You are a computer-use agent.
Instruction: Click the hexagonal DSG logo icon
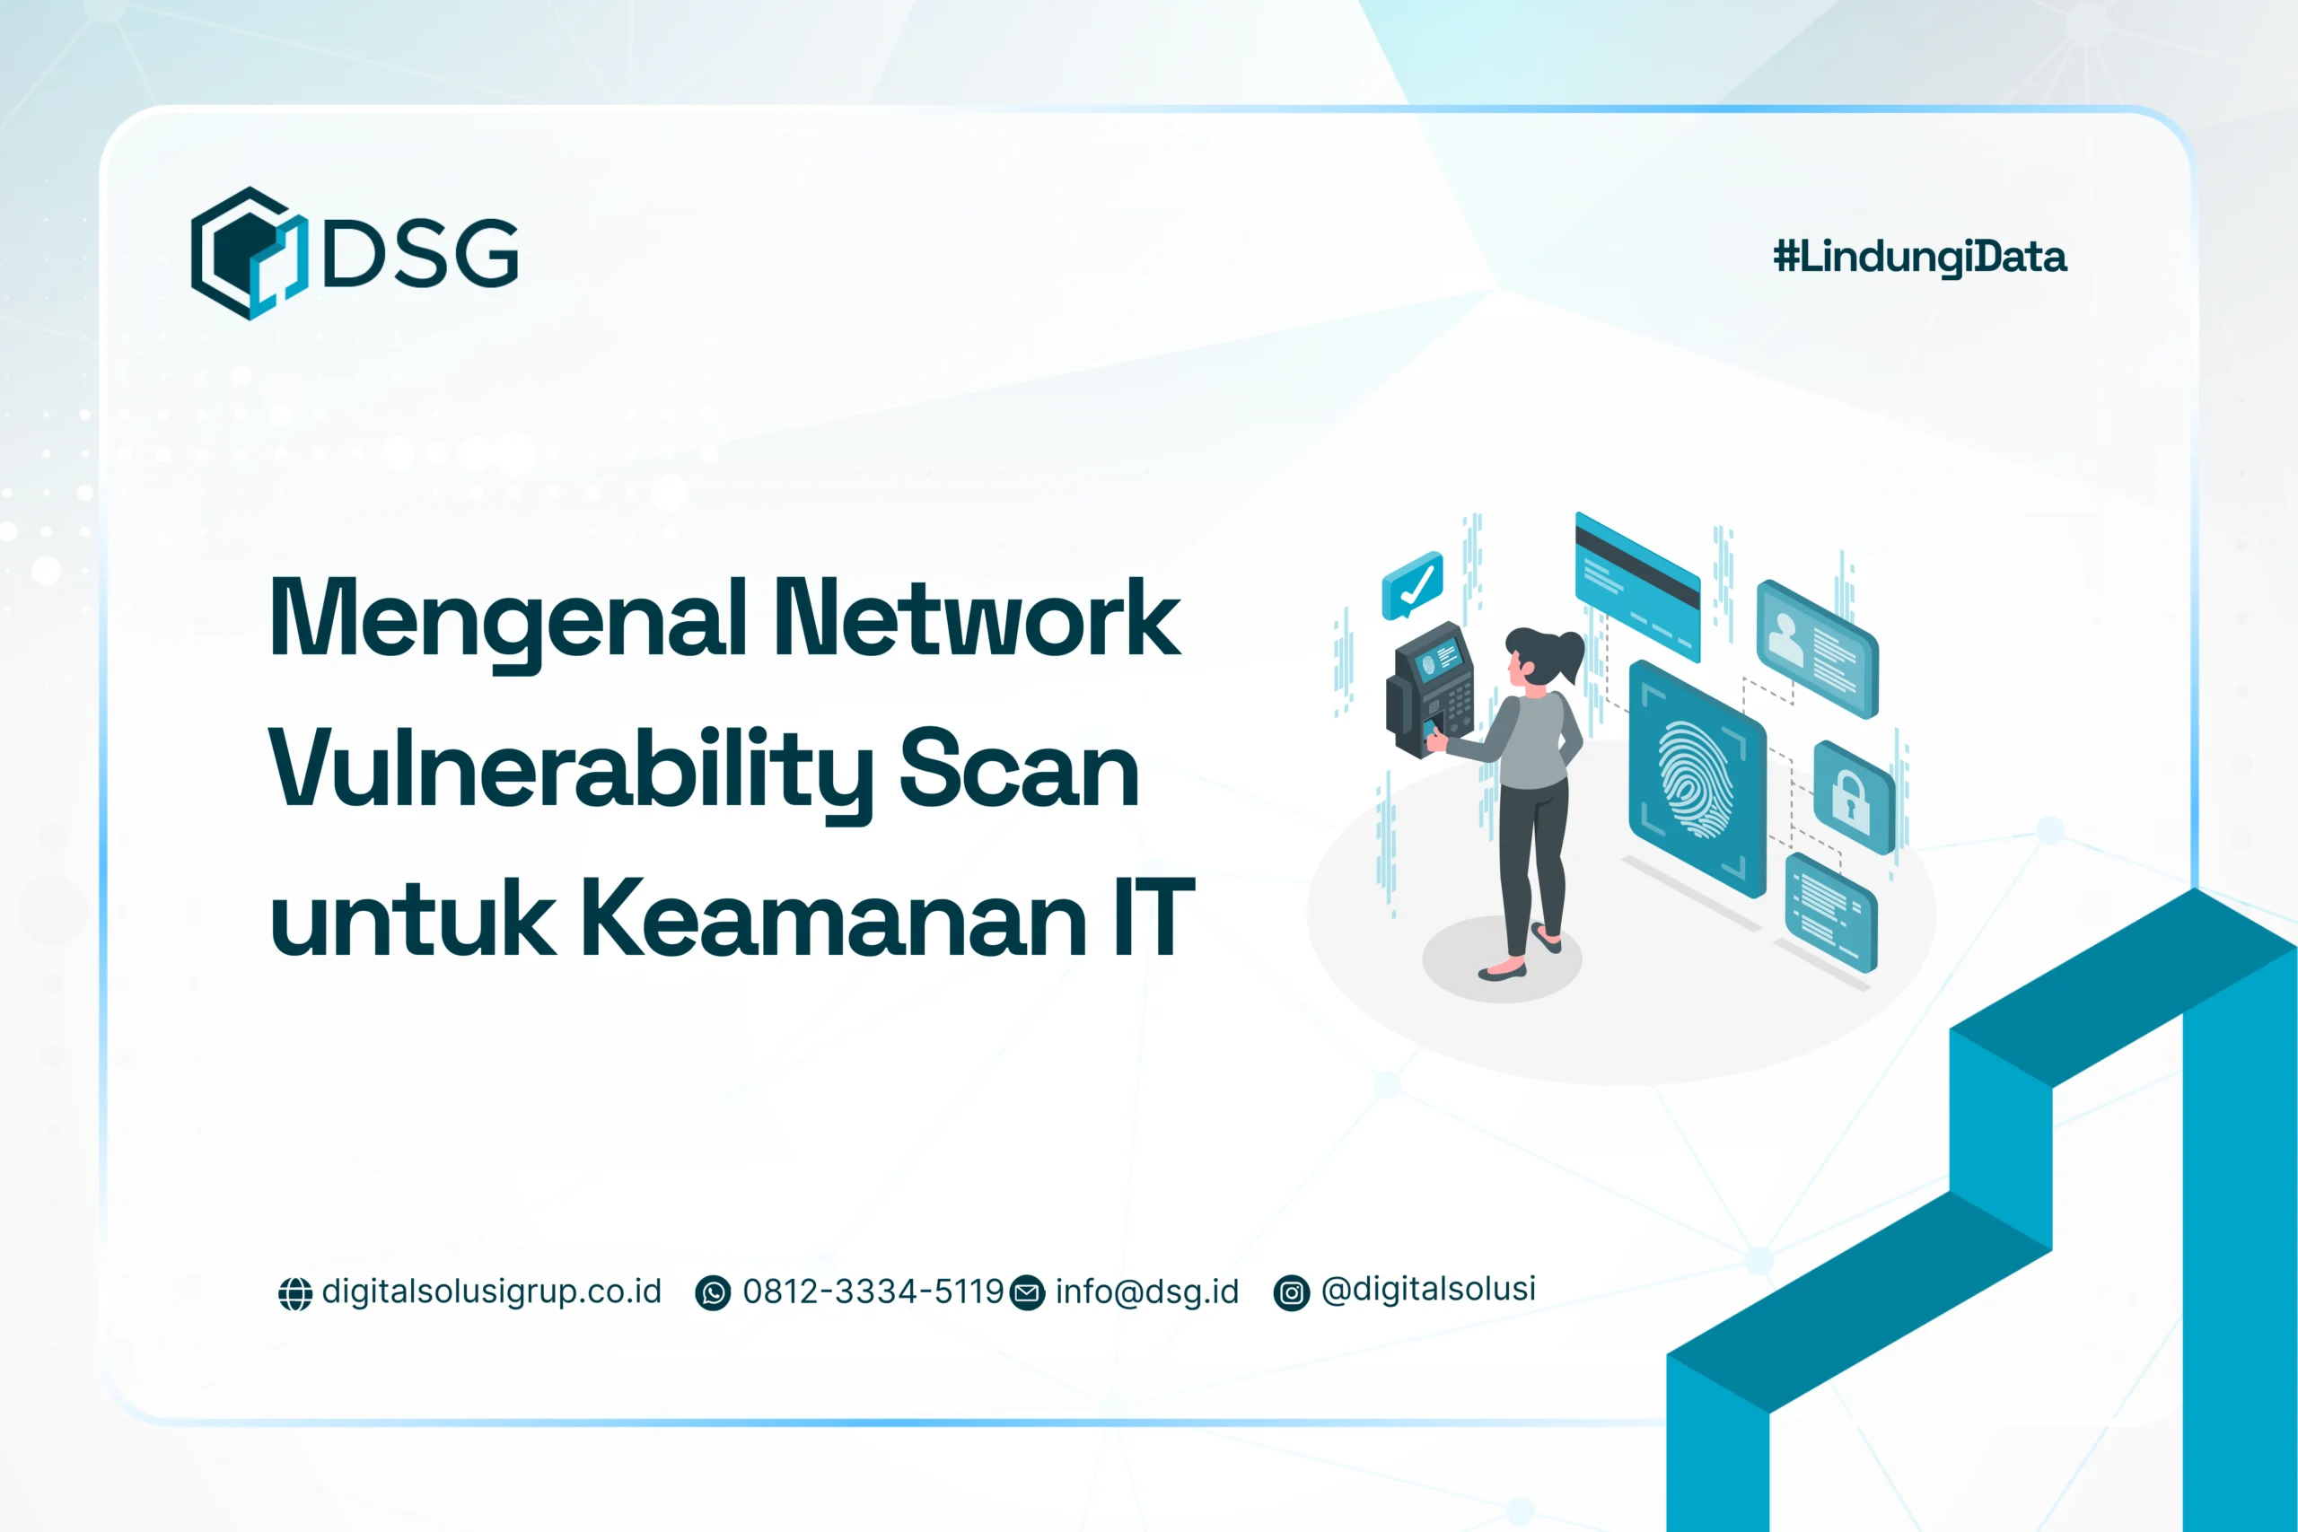pyautogui.click(x=248, y=253)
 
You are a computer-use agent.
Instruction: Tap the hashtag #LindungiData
pyautogui.click(x=1919, y=257)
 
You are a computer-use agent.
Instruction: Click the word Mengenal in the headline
pyautogui.click(x=508, y=618)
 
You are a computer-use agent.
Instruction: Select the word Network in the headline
pyautogui.click(x=977, y=618)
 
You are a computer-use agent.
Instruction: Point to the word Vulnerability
pyautogui.click(x=571, y=772)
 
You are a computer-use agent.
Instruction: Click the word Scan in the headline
pyautogui.click(x=1018, y=772)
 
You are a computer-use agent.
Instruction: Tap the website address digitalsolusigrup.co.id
pyautogui.click(x=491, y=1291)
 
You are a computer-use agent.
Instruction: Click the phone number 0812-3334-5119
pyautogui.click(x=873, y=1291)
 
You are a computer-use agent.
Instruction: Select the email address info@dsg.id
pyautogui.click(x=1146, y=1291)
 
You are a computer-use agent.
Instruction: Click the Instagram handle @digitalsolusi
pyautogui.click(x=1427, y=1290)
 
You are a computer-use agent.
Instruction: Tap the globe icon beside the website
pyautogui.click(x=295, y=1293)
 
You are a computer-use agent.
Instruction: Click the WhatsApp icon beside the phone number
pyautogui.click(x=712, y=1293)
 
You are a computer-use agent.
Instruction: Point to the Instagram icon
pyautogui.click(x=1291, y=1293)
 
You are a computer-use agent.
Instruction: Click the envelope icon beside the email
pyautogui.click(x=1027, y=1293)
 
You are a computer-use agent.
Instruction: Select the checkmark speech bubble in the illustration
pyautogui.click(x=1412, y=585)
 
